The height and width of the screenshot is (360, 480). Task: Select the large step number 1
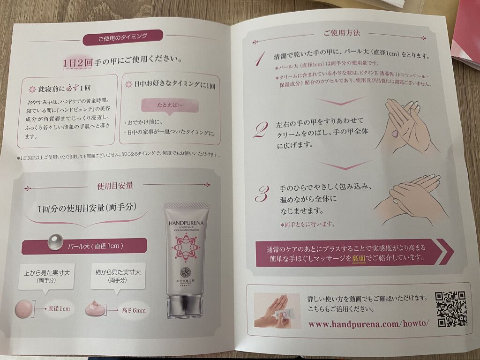click(259, 60)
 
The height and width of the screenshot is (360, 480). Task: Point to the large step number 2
click(260, 128)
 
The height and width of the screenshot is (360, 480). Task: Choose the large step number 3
click(262, 193)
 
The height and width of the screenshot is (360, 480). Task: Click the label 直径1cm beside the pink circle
click(59, 309)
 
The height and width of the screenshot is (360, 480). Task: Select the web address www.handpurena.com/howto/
click(368, 324)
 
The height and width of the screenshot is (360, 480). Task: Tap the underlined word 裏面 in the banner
click(359, 258)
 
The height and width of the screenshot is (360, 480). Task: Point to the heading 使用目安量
click(115, 186)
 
